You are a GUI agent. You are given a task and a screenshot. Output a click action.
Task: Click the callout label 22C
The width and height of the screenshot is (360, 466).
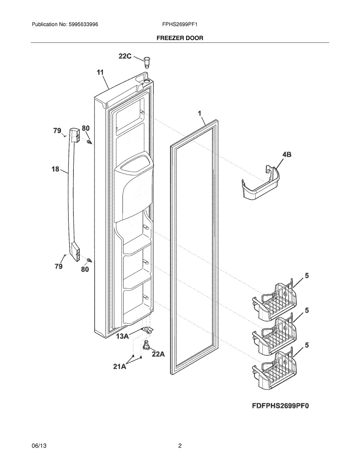(x=125, y=56)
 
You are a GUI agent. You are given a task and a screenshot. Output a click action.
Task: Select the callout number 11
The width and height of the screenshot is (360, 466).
(x=100, y=72)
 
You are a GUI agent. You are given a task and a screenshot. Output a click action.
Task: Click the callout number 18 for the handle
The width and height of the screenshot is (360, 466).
(x=55, y=169)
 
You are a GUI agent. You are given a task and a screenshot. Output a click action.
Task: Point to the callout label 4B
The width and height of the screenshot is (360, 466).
(x=287, y=154)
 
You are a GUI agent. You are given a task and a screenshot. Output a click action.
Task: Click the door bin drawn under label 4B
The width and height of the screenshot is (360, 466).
(x=260, y=184)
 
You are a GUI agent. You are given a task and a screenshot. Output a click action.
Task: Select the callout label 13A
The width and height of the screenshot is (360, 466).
(x=122, y=336)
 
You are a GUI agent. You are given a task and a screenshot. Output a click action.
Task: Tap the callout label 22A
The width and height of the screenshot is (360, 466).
(x=158, y=354)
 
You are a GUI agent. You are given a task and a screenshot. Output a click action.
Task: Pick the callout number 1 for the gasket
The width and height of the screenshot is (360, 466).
(x=199, y=113)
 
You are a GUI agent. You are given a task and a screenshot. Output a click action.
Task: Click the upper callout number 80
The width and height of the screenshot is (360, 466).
(x=86, y=128)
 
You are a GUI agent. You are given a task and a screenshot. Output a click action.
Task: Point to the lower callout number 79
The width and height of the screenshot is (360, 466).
(x=58, y=266)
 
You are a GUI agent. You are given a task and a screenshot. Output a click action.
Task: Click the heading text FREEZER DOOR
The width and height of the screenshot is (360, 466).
(x=180, y=38)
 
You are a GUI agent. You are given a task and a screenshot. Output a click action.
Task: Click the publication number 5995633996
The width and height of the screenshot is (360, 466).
(x=81, y=25)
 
